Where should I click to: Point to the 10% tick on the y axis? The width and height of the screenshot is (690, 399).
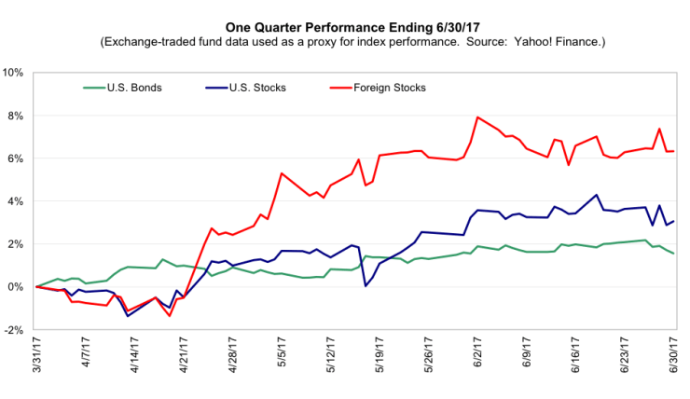18,73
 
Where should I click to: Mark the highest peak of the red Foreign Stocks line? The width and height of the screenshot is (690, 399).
477,117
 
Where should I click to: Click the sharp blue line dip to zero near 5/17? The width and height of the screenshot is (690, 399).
366,286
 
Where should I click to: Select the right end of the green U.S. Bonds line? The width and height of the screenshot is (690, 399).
674,254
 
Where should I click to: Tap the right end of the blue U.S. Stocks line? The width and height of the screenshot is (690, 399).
674,221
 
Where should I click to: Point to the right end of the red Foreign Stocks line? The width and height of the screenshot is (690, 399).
674,151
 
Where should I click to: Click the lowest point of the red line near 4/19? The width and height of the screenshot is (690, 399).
170,316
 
